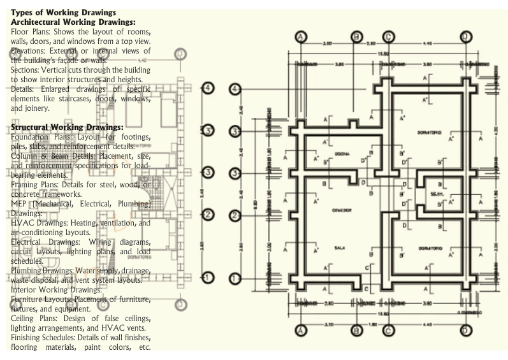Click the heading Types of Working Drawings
click(64, 13)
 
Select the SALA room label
click(340, 248)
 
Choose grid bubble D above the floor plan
click(466, 36)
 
